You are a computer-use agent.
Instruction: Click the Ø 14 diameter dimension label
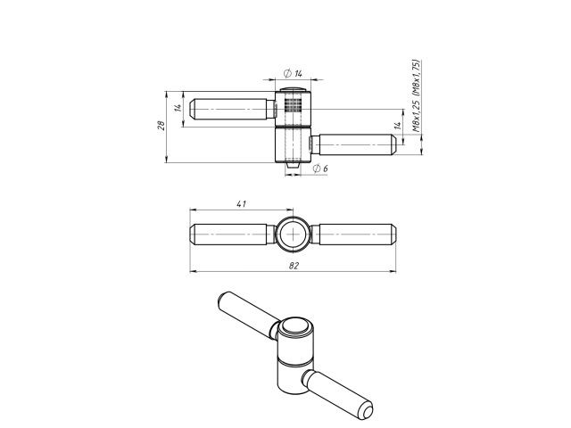(x=293, y=73)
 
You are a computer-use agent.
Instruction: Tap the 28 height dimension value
(x=161, y=125)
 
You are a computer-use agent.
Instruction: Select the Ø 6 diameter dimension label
(x=320, y=169)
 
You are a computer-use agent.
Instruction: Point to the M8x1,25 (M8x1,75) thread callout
(x=416, y=95)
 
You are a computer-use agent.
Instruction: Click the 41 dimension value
(x=242, y=204)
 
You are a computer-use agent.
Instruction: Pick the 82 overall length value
(x=294, y=266)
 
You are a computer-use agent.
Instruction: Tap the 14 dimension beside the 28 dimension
(x=178, y=108)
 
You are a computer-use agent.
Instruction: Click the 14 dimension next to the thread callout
(x=398, y=126)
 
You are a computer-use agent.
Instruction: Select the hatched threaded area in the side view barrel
(x=293, y=105)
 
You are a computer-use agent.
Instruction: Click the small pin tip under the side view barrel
(x=293, y=165)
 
